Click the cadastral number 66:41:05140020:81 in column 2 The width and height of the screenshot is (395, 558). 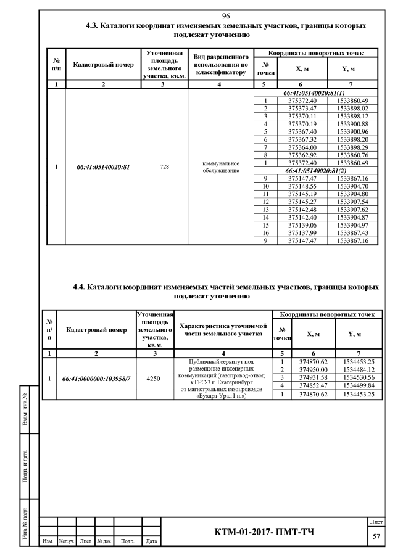tap(103, 166)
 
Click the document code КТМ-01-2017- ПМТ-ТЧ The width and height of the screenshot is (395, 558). tap(271, 532)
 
